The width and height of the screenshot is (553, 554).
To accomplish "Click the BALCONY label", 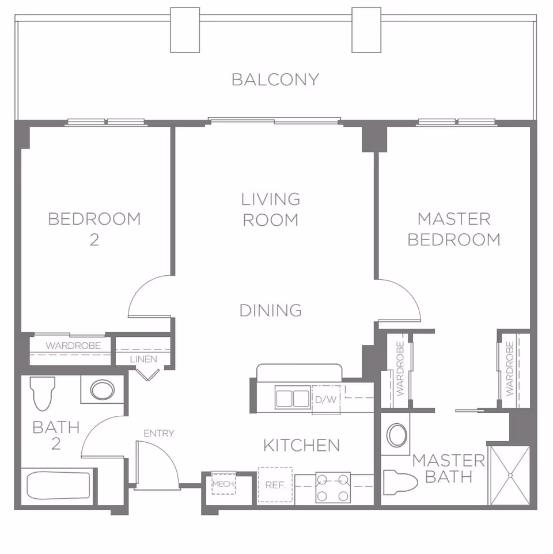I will pos(275,79).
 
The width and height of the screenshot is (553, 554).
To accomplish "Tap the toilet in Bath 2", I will pos(42,393).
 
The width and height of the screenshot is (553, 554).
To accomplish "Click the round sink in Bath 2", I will pos(101,390).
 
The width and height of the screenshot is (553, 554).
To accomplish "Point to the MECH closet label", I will pos(224,484).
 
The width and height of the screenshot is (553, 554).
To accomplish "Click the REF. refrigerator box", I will pos(275,485).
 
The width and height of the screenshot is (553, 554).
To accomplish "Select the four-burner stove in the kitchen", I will pos(334,487).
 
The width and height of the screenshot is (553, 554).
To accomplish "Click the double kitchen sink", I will pos(292,399).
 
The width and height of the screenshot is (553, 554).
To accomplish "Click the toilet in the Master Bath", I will pos(401,482).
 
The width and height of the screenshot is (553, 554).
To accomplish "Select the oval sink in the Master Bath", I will pos(397,435).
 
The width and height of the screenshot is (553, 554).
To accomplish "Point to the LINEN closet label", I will pos(143,359).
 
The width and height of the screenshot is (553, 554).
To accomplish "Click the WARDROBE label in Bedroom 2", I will pos(73,346).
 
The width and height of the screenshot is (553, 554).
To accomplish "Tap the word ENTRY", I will pos(158,433).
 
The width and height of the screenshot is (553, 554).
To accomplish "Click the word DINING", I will pos(271,310).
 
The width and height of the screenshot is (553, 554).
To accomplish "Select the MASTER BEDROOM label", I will pos(454,229).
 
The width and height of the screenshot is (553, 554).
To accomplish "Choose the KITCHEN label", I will pos(301,445).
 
